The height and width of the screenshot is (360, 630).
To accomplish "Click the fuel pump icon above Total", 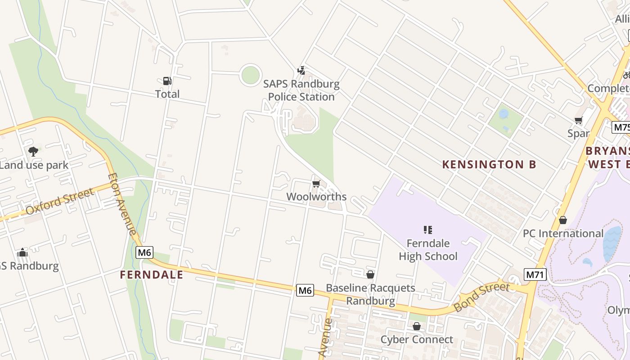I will (x=167, y=81).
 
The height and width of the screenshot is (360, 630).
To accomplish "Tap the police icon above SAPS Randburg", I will (x=301, y=71).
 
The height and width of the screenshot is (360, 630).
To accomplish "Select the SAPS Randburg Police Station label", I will (x=301, y=90).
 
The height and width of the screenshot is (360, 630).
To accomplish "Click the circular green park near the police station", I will (x=250, y=75).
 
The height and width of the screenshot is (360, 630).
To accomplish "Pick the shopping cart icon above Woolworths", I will (x=316, y=184).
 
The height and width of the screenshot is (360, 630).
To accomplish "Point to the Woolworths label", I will (x=316, y=197).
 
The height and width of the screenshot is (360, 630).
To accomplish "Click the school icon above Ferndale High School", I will (x=428, y=230).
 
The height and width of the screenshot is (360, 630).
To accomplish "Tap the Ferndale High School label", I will (x=428, y=250).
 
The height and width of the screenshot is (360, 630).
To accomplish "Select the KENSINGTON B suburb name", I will (x=489, y=164).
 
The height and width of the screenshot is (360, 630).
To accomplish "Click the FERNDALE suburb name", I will (x=152, y=274).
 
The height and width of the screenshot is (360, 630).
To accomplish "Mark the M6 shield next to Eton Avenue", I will (x=144, y=252).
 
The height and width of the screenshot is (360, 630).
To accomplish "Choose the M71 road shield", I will (x=535, y=274).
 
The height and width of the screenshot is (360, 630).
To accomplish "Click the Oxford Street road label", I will (x=61, y=201).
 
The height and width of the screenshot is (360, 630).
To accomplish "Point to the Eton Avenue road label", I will (x=122, y=204).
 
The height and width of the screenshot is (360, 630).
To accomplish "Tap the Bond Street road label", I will (x=481, y=297).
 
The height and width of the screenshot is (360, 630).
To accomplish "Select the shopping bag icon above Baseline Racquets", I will (x=370, y=274).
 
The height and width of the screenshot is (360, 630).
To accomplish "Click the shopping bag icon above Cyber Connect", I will (x=417, y=326).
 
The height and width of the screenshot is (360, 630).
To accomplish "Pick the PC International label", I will (x=562, y=234).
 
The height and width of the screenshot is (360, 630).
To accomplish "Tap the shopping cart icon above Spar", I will (x=579, y=121).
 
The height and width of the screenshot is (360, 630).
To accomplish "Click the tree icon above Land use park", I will (x=33, y=152).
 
